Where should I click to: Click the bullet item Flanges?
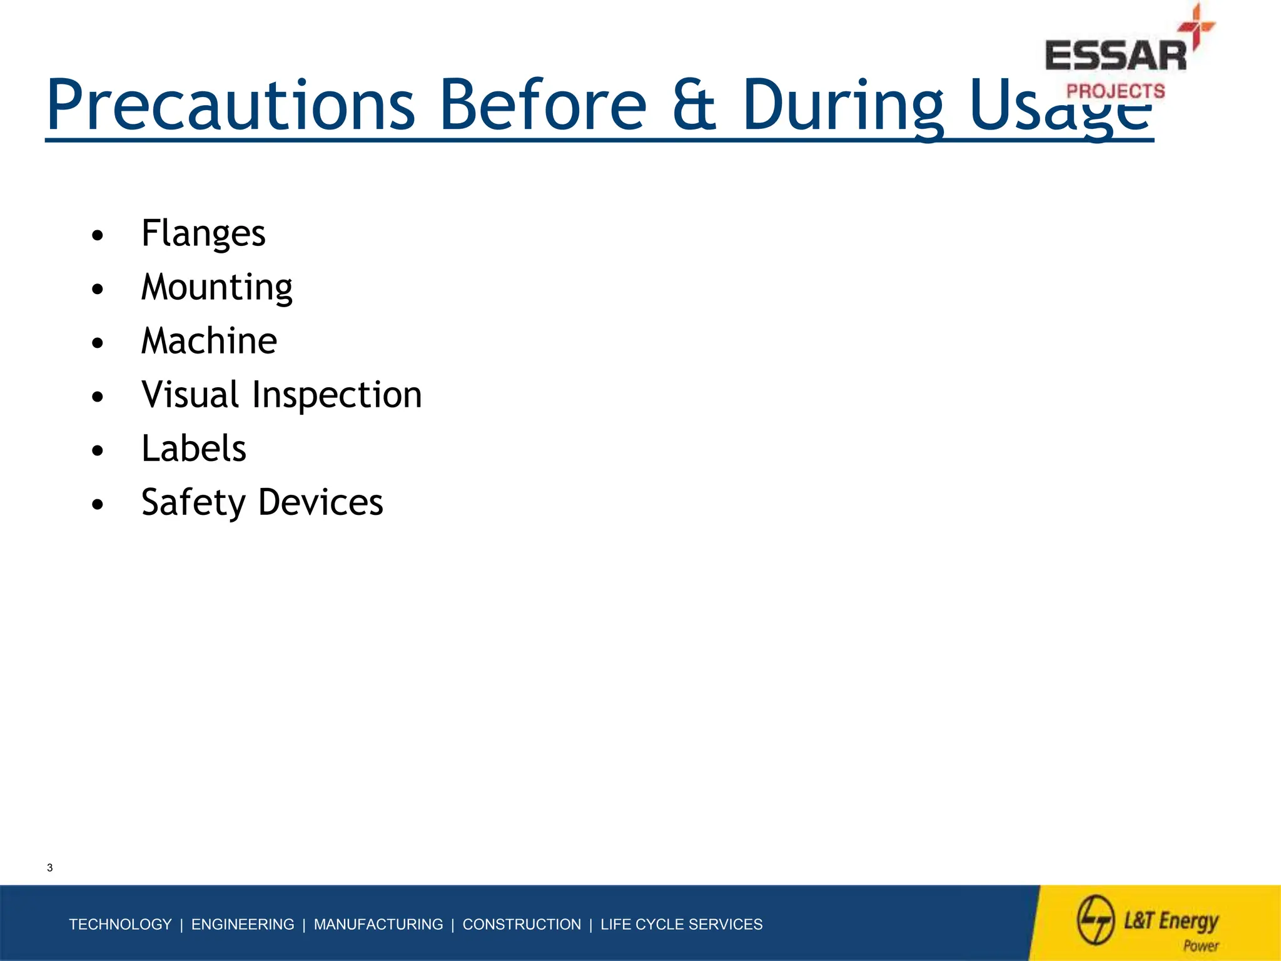[203, 234]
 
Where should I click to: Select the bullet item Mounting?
[216, 288]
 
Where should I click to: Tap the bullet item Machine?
[209, 342]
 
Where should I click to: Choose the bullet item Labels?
[194, 449]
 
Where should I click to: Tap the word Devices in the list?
[320, 503]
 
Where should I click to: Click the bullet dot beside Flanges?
[97, 236]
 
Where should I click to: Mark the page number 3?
[50, 868]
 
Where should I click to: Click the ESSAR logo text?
[1115, 56]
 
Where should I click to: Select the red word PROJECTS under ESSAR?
[1115, 91]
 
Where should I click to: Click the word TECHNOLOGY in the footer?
[120, 924]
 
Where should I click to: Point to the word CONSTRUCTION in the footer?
[521, 924]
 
